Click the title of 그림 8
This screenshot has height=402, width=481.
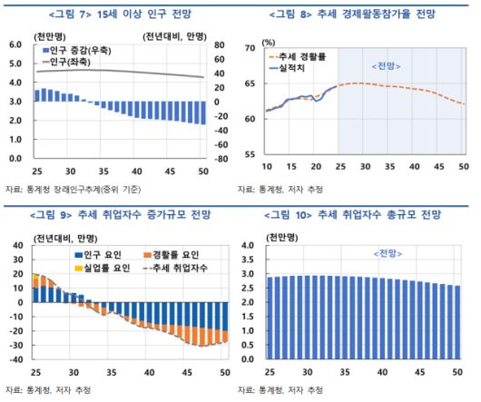361,14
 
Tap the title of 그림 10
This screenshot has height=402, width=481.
361,215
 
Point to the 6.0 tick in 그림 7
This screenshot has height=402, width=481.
15,44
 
